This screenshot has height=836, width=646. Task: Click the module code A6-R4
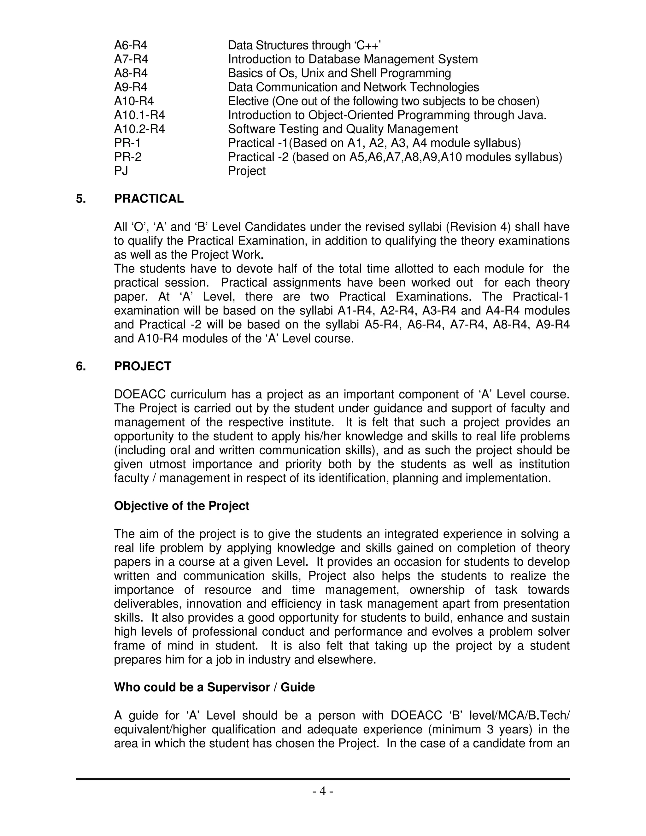(131, 45)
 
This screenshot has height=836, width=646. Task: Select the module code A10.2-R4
(139, 129)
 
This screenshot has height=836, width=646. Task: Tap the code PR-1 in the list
(127, 143)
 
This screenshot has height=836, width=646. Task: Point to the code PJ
(121, 171)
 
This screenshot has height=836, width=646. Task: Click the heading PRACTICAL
(149, 199)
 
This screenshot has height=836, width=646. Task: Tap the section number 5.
(80, 199)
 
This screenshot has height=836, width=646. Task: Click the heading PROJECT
(142, 366)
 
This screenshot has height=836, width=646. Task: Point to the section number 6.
(80, 366)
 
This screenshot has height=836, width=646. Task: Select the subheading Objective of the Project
(181, 506)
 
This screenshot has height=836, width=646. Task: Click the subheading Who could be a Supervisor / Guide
(214, 687)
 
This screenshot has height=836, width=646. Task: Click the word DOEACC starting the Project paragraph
(139, 394)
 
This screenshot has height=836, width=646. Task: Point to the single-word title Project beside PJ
(246, 171)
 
